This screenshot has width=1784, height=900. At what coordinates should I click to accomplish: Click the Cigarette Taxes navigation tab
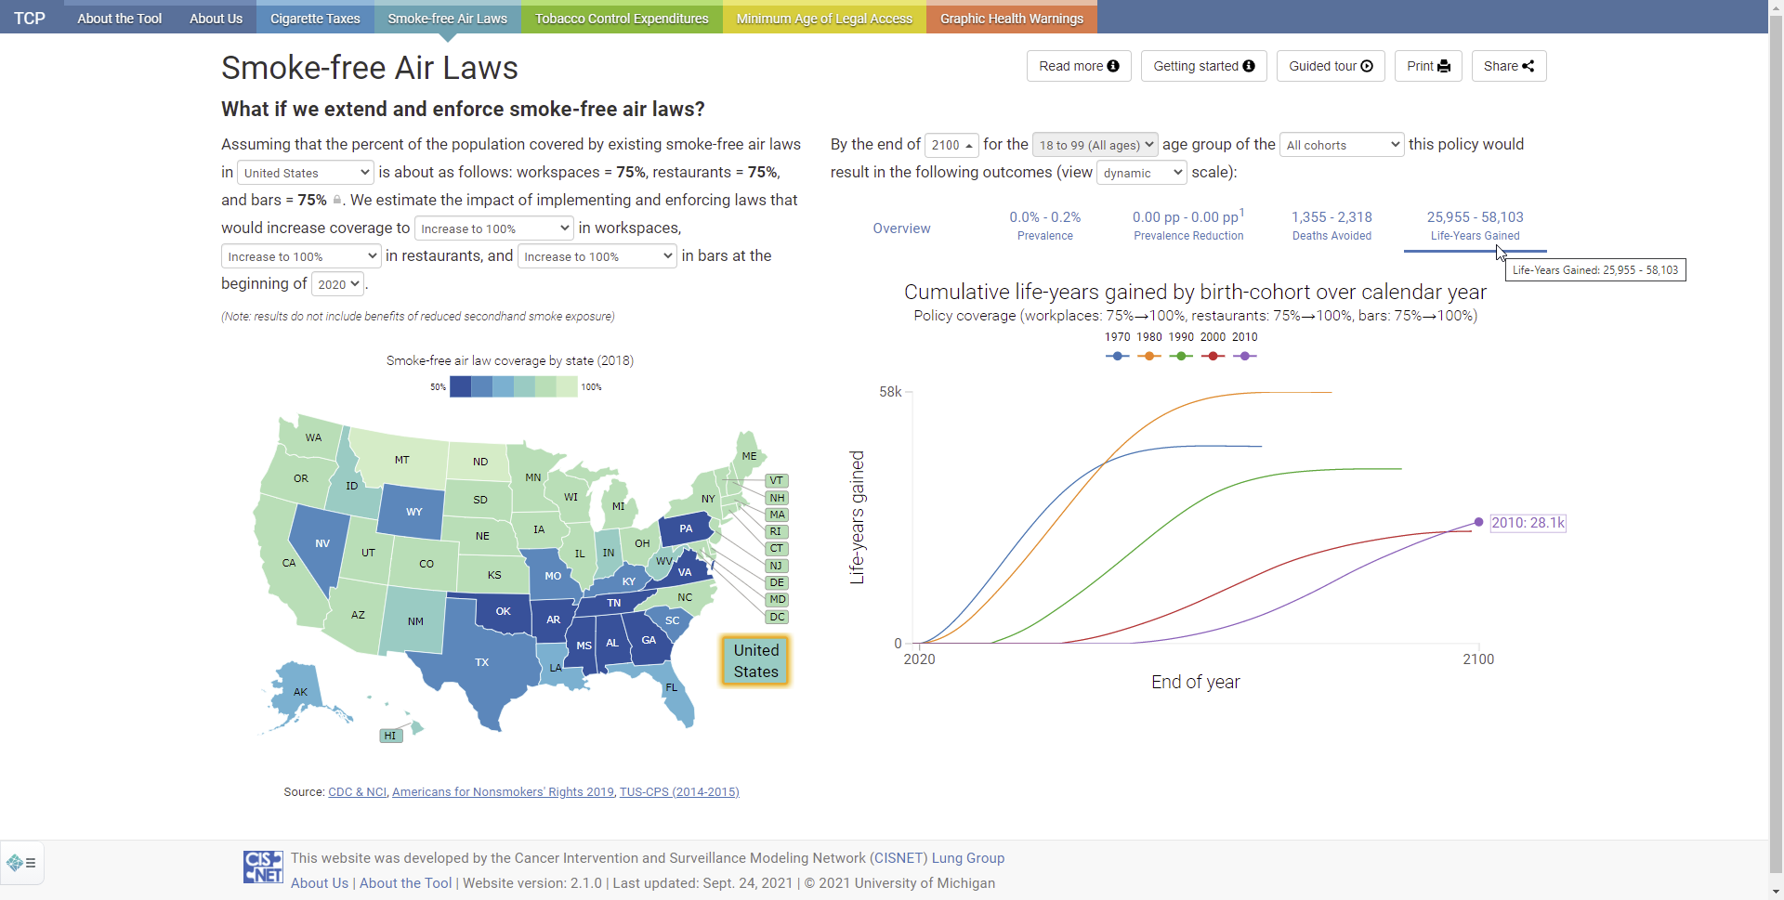pos(315,18)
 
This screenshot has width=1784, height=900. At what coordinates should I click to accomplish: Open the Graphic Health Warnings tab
pos(1012,18)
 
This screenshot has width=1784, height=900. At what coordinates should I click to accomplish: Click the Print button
pos(1428,66)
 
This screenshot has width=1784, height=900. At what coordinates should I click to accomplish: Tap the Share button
pos(1509,66)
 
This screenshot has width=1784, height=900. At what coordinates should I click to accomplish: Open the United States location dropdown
pos(306,173)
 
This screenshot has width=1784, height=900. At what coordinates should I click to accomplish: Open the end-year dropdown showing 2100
pos(951,145)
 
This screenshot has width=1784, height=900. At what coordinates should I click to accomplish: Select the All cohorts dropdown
pos(1342,145)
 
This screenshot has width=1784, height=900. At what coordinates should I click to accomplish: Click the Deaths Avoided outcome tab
pos(1331,226)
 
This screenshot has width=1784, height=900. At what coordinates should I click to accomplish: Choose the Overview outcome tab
pos(901,228)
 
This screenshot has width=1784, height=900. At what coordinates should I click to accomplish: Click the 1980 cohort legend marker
pos(1149,356)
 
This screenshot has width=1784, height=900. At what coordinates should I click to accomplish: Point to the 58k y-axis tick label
pos(890,392)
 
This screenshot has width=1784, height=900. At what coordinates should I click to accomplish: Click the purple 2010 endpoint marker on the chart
pos(1478,522)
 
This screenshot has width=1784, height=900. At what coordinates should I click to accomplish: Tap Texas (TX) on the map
pos(481,661)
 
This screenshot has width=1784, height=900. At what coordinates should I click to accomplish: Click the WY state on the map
pos(413,512)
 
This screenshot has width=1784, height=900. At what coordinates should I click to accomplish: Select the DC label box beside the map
pos(777,617)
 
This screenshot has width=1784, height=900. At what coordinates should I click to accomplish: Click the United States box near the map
pos(755,660)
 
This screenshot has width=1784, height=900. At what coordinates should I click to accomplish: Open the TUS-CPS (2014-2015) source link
pos(679,792)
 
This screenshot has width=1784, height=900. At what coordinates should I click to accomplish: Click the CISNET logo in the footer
pos(263,867)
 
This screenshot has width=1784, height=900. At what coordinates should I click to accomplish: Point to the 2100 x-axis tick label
pos(1478,659)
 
